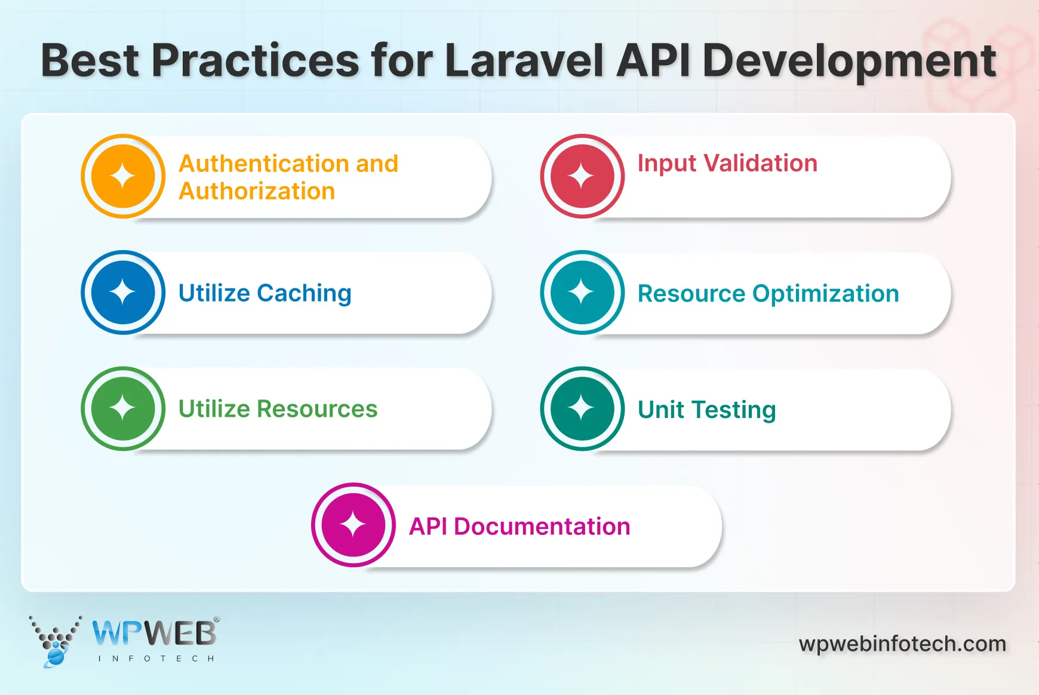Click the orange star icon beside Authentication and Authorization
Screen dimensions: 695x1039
click(123, 176)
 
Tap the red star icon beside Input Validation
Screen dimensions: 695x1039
click(582, 176)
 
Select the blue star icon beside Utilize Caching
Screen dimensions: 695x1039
click(123, 292)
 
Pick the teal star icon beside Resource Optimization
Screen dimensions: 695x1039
click(582, 292)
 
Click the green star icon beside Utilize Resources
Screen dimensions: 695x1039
click(123, 408)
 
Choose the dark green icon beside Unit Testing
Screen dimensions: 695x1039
click(582, 408)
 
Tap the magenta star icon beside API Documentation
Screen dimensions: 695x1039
click(353, 525)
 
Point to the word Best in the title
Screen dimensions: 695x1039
click(90, 61)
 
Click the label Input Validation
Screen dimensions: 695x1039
click(727, 164)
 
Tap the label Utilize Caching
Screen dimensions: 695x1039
click(265, 293)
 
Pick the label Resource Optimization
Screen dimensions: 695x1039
click(768, 294)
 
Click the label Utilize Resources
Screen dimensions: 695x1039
click(278, 409)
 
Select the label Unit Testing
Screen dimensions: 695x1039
click(706, 410)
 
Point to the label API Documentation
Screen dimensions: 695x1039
click(519, 527)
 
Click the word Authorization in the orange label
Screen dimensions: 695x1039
click(257, 192)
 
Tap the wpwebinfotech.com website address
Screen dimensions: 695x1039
click(902, 644)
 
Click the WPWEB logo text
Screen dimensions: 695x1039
click(155, 634)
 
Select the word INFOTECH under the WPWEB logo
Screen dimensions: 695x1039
click(156, 659)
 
